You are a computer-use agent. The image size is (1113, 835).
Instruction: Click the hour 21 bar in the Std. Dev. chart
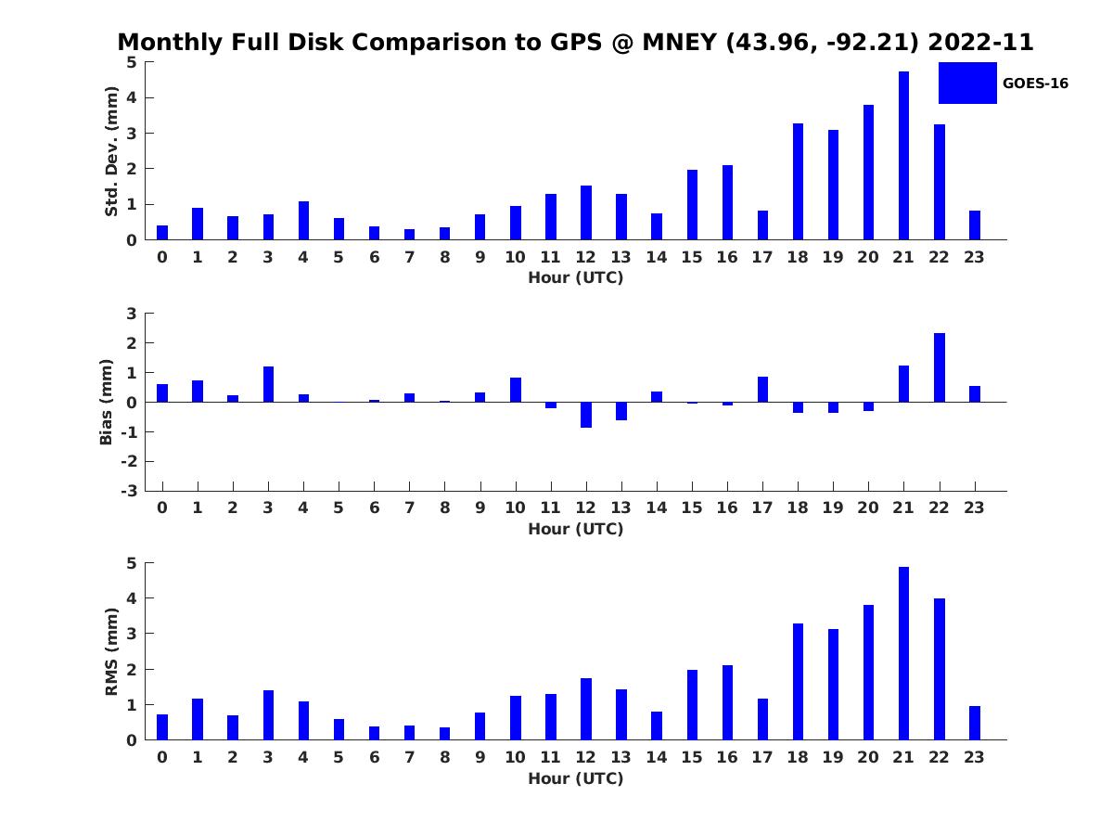[x=903, y=155]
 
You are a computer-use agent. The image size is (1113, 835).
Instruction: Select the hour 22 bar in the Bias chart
[x=939, y=367]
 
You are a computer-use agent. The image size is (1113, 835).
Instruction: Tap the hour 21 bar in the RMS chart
[x=903, y=653]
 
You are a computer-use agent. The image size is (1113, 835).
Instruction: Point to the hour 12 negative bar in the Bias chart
[x=586, y=415]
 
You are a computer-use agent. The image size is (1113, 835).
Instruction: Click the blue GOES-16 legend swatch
[x=966, y=83]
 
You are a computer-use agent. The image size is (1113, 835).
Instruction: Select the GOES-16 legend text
[x=1035, y=83]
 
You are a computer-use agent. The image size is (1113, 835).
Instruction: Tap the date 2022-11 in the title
[x=980, y=43]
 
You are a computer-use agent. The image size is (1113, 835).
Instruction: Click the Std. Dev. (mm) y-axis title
[x=111, y=151]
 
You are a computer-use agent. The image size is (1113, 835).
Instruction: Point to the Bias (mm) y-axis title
[x=106, y=402]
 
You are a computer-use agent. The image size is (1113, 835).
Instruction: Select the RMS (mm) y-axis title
[x=111, y=652]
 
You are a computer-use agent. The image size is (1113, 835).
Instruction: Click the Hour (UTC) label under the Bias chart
[x=575, y=529]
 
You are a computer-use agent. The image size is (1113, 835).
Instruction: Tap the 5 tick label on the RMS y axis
[x=132, y=563]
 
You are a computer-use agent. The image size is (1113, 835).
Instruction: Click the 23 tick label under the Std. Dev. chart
[x=974, y=257]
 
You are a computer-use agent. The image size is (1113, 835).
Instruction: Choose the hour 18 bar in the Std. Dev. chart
[x=798, y=181]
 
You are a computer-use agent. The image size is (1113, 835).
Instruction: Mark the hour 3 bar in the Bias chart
[x=268, y=384]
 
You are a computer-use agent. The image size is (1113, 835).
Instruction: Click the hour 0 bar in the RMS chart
[x=162, y=726]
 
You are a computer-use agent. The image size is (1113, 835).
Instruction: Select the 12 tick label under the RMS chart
[x=586, y=757]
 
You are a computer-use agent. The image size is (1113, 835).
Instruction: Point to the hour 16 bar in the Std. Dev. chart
[x=727, y=202]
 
